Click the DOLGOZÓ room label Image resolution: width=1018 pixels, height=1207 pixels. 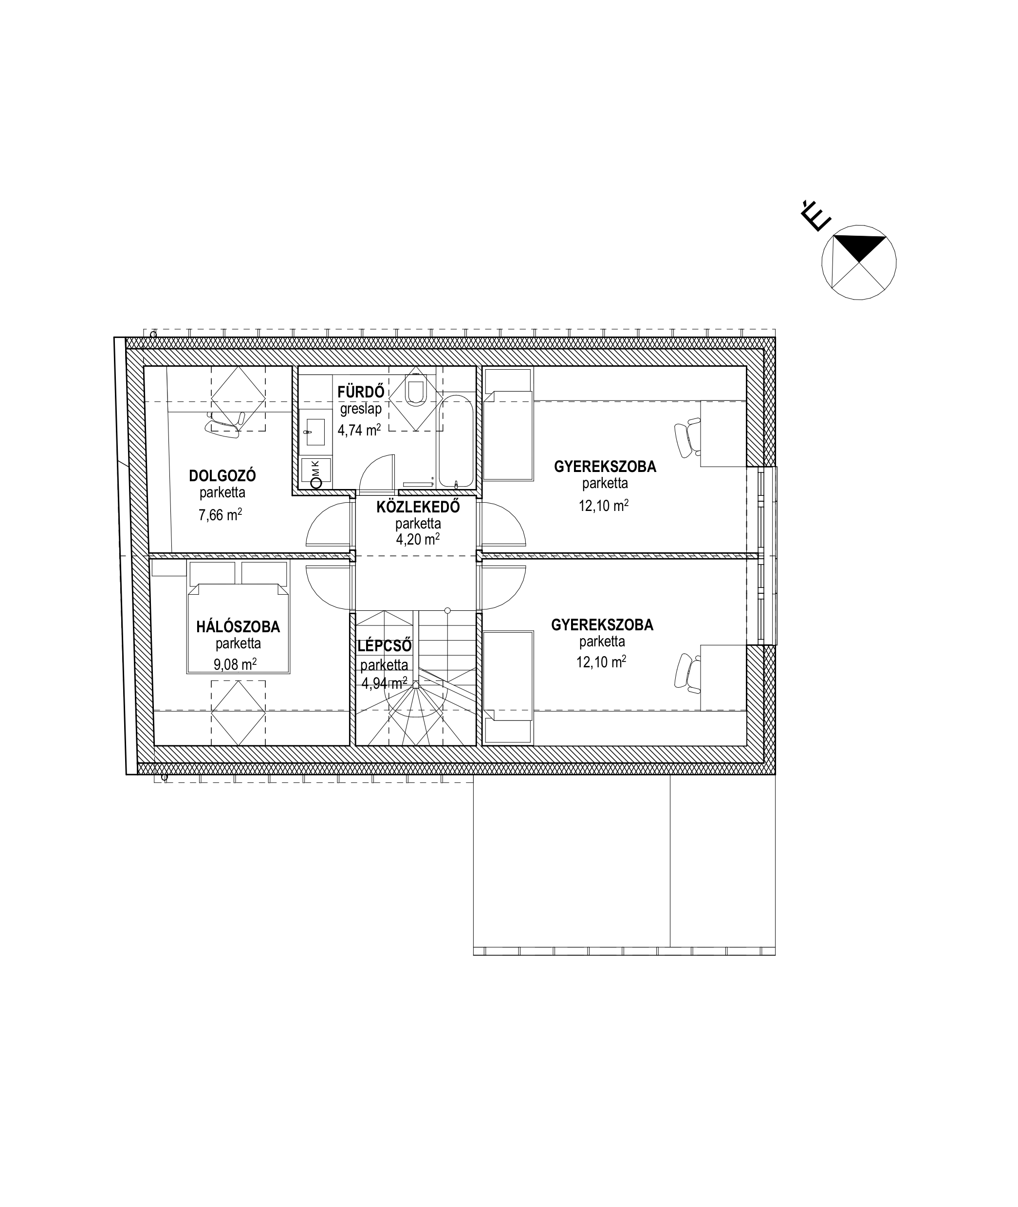tap(222, 476)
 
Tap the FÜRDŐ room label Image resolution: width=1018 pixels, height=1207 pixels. tap(361, 391)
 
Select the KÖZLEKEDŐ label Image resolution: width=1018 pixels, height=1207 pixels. tap(418, 507)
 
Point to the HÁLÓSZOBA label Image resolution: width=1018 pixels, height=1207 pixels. tap(238, 626)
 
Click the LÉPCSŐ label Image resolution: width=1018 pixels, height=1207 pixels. tap(384, 645)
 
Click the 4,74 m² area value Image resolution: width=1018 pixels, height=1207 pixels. tap(359, 430)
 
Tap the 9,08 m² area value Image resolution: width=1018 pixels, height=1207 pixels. tap(235, 664)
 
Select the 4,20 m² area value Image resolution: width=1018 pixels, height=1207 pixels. tap(418, 539)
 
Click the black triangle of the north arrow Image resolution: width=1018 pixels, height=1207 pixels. tap(860, 246)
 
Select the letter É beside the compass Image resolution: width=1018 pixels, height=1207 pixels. tap(814, 216)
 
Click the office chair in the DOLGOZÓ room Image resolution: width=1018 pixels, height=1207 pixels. tap(224, 421)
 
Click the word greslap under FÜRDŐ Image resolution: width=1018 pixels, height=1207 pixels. tap(361, 410)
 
